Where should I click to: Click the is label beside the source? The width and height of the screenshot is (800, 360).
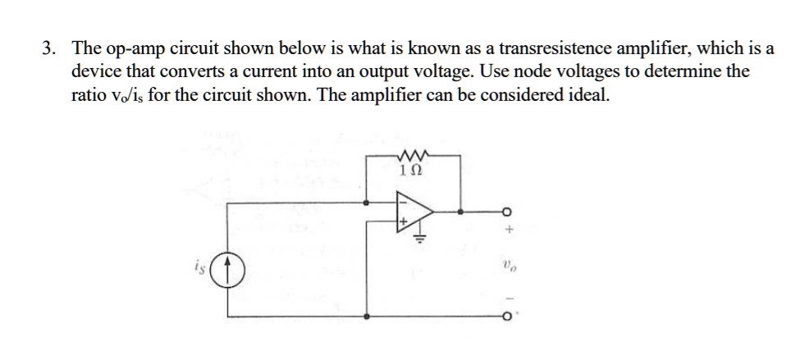(x=211, y=268)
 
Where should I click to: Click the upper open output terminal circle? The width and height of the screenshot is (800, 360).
(x=505, y=212)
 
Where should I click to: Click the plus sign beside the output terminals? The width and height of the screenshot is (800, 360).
(x=505, y=232)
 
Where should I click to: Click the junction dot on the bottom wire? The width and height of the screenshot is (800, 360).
(x=365, y=317)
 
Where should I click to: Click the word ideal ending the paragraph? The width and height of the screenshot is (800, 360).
(x=586, y=94)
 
